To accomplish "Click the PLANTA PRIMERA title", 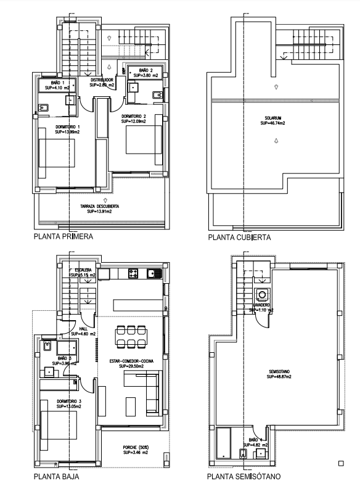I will (x=64, y=236).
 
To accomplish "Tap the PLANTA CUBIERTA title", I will (x=239, y=237).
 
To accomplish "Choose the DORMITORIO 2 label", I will (x=133, y=116).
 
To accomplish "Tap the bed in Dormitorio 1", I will (x=57, y=159).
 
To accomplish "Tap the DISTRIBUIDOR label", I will (x=102, y=80).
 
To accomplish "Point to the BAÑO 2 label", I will (x=145, y=70).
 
